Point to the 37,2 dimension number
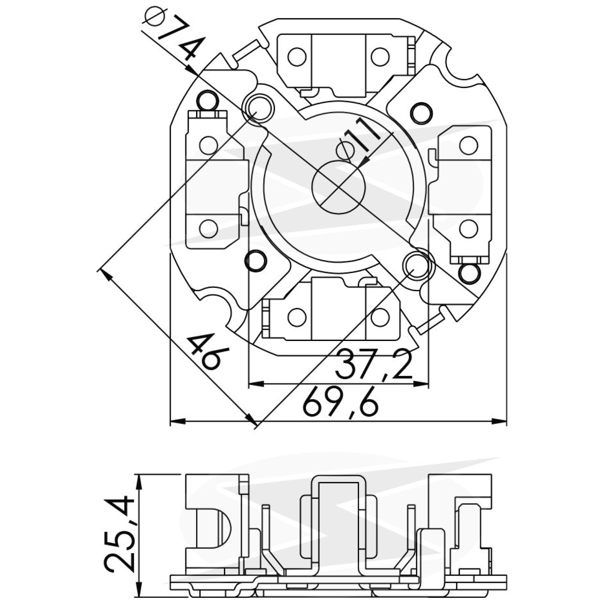pos(373,365)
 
